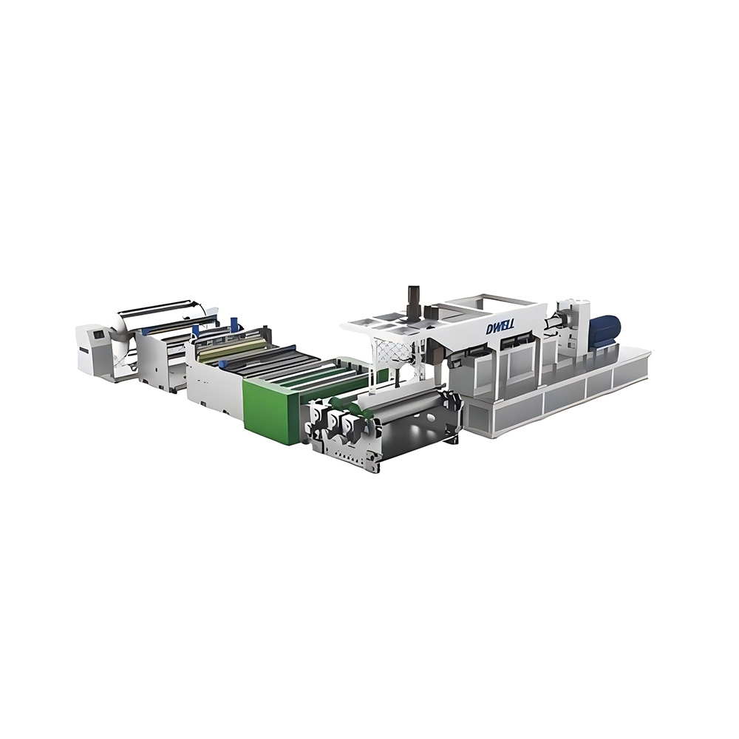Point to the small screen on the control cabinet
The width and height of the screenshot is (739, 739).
point(95,337)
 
